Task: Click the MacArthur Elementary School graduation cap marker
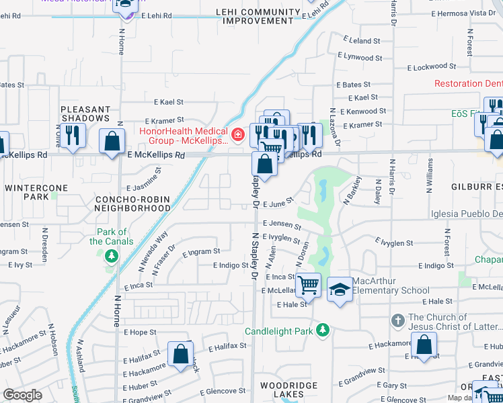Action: (340, 290)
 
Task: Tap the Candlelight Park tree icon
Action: (323, 330)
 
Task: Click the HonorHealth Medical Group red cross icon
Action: (237, 136)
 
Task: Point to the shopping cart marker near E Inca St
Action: (309, 285)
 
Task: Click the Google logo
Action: (22, 395)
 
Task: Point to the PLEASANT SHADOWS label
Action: (85, 114)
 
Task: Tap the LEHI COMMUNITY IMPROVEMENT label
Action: (258, 17)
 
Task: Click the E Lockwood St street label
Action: (432, 67)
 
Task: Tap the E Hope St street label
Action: (140, 332)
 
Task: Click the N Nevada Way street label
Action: (153, 251)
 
